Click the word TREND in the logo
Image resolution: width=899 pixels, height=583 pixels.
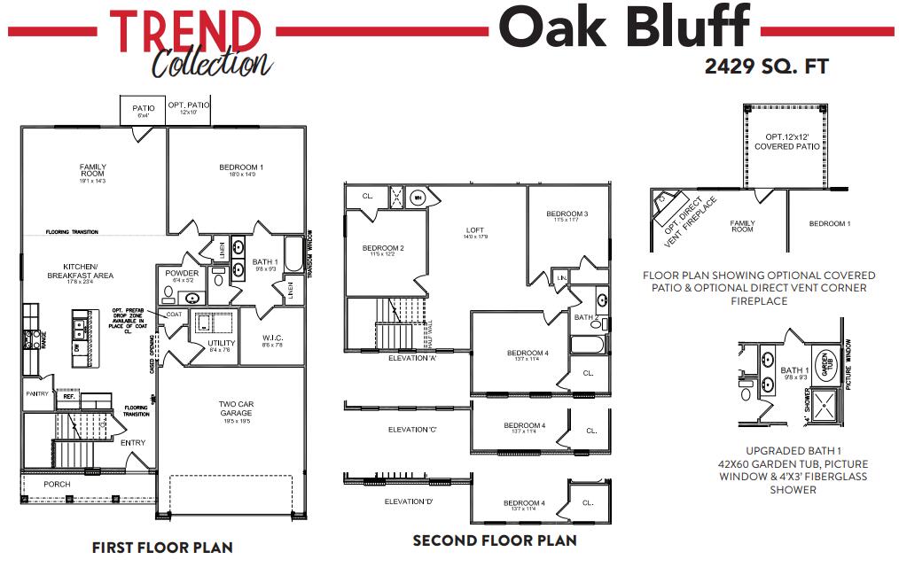click(185, 31)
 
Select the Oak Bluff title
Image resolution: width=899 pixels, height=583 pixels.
click(623, 28)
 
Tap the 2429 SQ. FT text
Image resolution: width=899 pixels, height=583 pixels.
click(766, 66)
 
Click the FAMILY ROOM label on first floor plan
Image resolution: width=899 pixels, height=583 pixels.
click(92, 170)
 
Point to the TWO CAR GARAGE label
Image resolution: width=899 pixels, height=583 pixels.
click(236, 408)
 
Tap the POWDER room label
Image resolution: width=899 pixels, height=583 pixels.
click(183, 275)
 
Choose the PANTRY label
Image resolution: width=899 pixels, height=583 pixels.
click(37, 393)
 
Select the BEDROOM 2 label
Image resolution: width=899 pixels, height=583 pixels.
click(383, 249)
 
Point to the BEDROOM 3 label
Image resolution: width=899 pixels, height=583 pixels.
click(567, 214)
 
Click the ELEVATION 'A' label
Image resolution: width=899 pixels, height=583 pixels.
click(413, 359)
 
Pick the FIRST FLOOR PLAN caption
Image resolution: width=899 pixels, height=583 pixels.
click(162, 548)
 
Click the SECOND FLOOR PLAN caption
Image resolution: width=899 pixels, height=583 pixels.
click(495, 540)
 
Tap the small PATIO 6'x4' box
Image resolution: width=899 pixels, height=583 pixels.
click(144, 111)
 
